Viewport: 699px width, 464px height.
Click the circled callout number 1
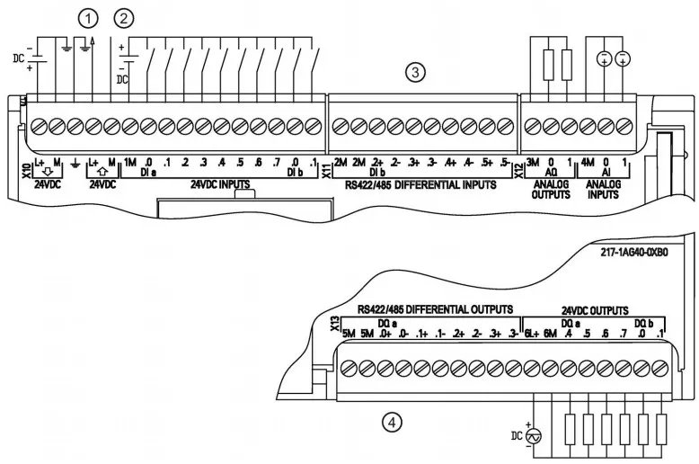click(x=88, y=17)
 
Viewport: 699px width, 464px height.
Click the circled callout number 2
click(x=124, y=17)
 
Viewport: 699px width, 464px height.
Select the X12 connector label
click(x=519, y=168)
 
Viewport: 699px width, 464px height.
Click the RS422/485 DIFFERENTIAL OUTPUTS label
click(x=435, y=308)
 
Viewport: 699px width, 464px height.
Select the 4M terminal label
click(x=588, y=162)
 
